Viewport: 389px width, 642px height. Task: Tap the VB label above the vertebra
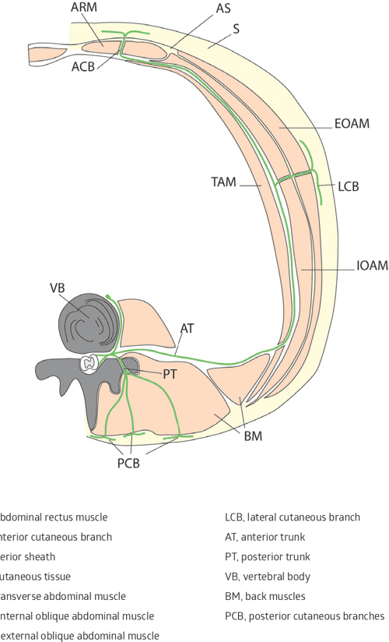coord(57,287)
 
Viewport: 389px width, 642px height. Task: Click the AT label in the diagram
coord(187,328)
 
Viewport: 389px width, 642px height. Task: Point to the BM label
coord(253,436)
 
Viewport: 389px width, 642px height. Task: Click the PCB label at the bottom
coord(132,464)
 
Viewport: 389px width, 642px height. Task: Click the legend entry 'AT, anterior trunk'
coord(265,537)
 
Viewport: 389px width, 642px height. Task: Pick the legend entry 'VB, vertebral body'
coord(268,577)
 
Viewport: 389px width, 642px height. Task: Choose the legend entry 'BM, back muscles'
coord(265,596)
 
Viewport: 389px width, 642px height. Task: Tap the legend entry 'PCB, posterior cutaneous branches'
coord(304,616)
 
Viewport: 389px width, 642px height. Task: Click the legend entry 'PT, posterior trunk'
coord(267,556)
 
